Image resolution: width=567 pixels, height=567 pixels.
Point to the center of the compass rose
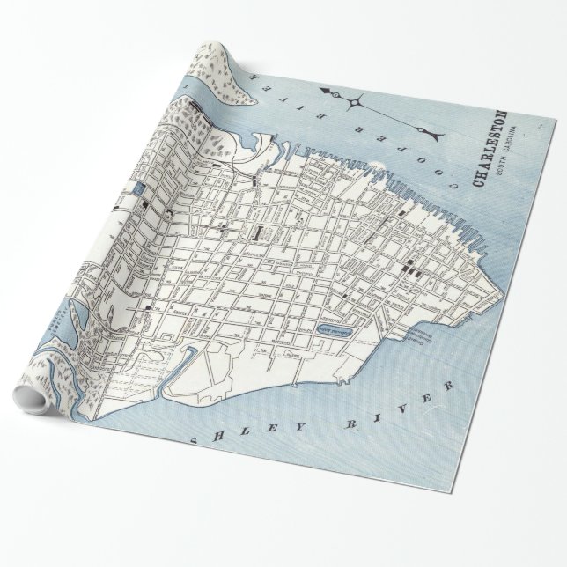pyautogui.click(x=355, y=103)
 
